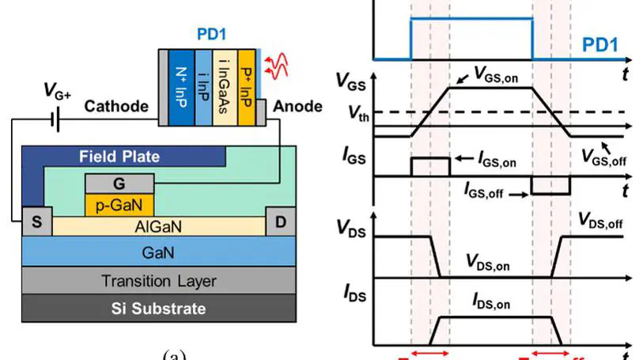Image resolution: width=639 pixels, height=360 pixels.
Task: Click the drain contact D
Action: tap(281, 220)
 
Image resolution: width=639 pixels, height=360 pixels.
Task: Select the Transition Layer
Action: tap(158, 280)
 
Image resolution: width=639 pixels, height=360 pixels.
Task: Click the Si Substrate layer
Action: tap(158, 308)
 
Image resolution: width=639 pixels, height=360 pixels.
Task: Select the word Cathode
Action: tap(116, 106)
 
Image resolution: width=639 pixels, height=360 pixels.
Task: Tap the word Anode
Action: tap(297, 106)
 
